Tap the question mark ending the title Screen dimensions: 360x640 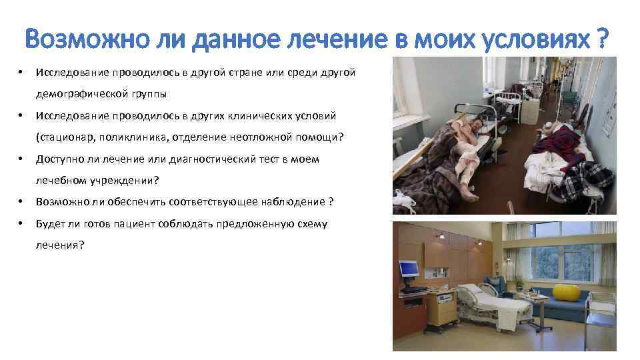601,41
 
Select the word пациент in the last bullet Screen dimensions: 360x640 137,224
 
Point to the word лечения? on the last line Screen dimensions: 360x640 60,246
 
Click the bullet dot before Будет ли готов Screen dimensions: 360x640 22,224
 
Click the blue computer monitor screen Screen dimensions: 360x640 408,269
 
